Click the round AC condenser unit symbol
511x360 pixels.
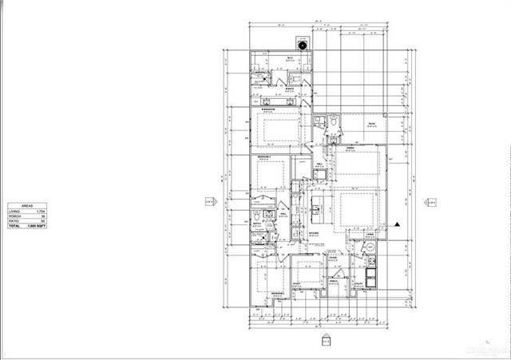click(303, 45)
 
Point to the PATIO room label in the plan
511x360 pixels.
click(371, 124)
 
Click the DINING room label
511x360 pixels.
click(350, 148)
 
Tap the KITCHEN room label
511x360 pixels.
click(314, 233)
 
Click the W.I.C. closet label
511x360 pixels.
click(279, 59)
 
